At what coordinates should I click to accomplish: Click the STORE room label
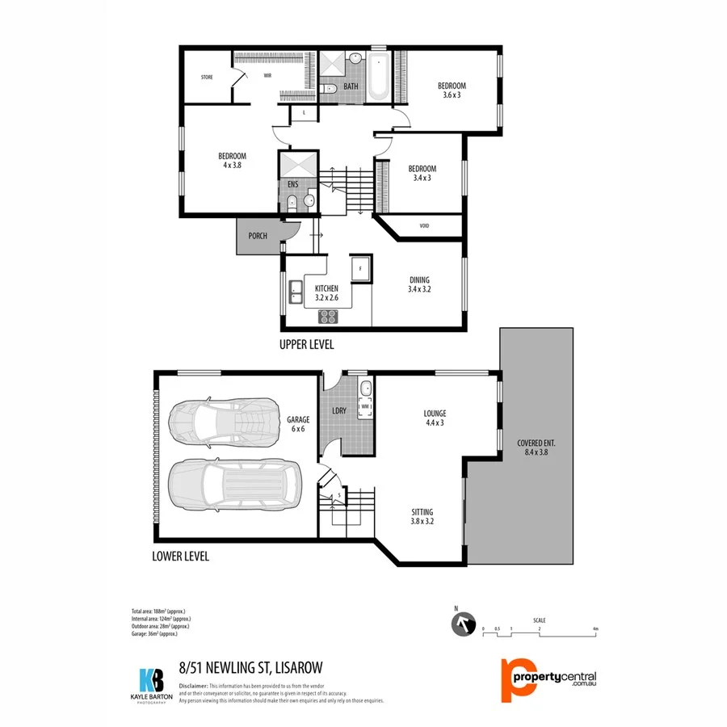coord(207,78)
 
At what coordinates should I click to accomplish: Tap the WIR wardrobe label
coord(267,75)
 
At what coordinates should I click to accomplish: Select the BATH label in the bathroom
coord(351,86)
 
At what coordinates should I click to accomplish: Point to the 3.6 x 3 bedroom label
coord(452,90)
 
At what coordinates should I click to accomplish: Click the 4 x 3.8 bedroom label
coord(232,160)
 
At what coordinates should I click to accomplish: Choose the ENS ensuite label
coord(292,184)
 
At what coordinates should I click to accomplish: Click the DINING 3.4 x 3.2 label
coord(418,284)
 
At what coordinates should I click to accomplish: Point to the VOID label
coord(424,226)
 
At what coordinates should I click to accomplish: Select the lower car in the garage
coord(234,485)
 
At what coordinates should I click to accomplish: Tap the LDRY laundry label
coord(339,411)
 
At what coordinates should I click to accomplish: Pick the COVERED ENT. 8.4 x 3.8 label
coord(536,448)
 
